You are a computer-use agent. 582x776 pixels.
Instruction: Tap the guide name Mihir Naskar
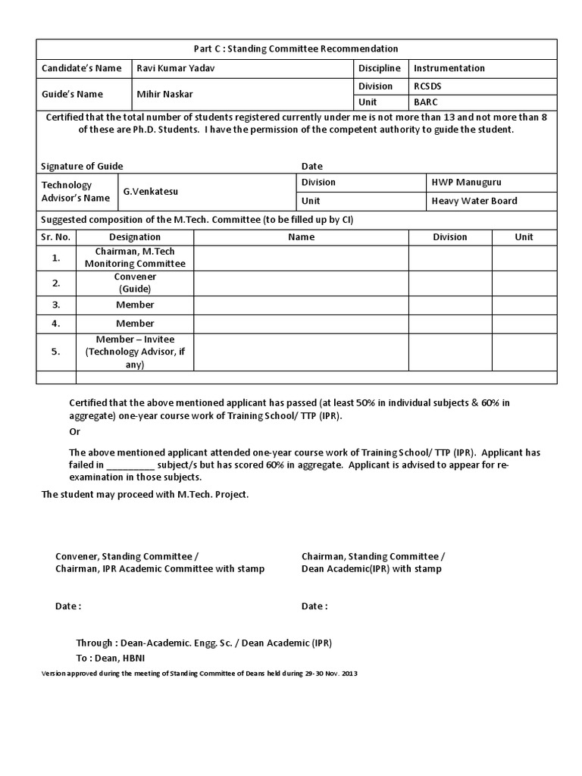[164, 94]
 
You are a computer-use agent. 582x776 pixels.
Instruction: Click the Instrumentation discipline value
[449, 68]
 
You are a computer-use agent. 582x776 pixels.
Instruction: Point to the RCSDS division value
[427, 86]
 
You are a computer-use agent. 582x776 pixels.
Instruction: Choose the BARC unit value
[425, 102]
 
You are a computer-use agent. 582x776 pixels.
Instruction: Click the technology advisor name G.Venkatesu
[152, 192]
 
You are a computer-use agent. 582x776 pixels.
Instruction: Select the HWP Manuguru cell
[466, 183]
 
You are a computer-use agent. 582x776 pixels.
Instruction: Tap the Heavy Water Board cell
[474, 201]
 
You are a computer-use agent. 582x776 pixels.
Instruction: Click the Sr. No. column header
[56, 237]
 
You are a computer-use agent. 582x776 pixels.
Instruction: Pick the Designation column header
[135, 237]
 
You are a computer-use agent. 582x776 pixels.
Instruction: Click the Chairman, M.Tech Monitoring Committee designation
[135, 258]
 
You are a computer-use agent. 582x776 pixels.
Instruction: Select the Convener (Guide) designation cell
[135, 283]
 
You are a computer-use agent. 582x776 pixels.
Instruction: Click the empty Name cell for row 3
[301, 305]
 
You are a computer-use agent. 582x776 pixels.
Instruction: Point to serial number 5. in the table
[56, 352]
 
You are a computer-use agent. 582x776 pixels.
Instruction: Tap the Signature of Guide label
[82, 166]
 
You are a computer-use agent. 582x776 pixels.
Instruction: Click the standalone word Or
[74, 431]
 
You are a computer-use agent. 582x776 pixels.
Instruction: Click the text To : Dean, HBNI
[110, 657]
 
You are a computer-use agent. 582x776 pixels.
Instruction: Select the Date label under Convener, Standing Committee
[68, 606]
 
